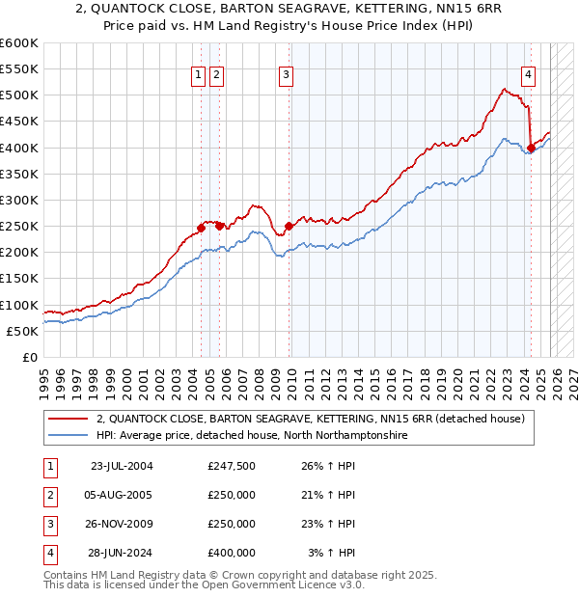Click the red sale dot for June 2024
pyautogui.click(x=531, y=148)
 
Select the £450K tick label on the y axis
pyautogui.click(x=19, y=122)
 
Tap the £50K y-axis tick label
pyautogui.click(x=23, y=332)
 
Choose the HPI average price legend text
pyautogui.click(x=252, y=436)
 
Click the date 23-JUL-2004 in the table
pyautogui.click(x=122, y=466)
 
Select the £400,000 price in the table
pyautogui.click(x=232, y=553)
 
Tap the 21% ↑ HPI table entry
pyautogui.click(x=327, y=495)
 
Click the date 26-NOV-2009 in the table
pyautogui.click(x=122, y=524)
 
